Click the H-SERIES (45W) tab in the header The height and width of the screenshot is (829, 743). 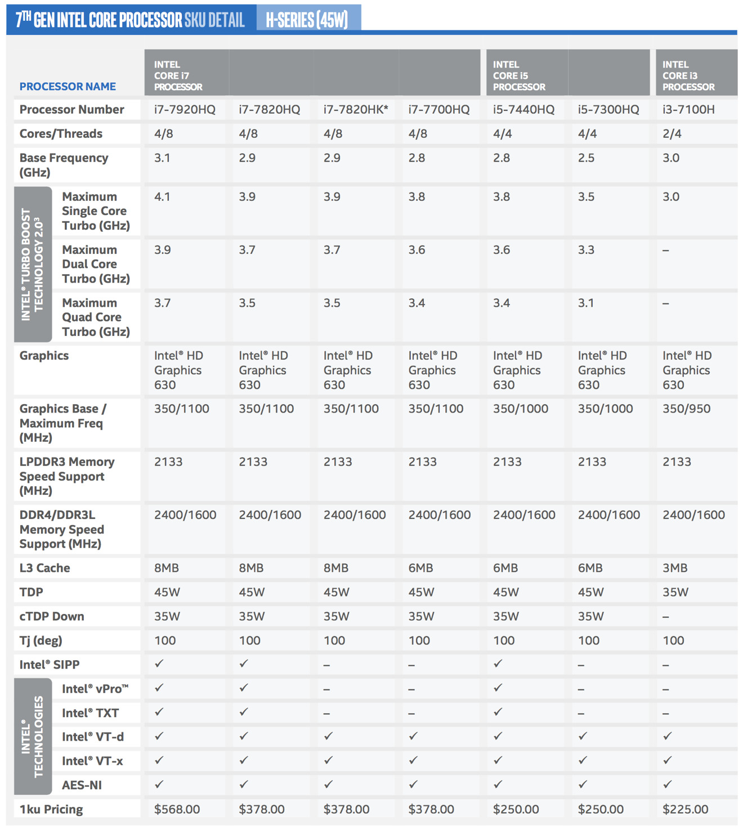click(x=307, y=19)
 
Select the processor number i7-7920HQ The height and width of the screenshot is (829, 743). click(x=185, y=109)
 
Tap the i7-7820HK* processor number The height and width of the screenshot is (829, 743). click(x=356, y=109)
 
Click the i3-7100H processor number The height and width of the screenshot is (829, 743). click(x=688, y=109)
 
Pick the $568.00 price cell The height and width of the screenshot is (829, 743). click(x=177, y=809)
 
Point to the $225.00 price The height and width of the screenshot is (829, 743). click(x=685, y=809)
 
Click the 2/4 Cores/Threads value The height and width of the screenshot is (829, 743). click(x=672, y=133)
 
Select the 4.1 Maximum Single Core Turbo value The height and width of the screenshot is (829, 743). click(x=162, y=197)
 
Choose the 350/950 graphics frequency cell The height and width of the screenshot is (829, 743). click(x=686, y=409)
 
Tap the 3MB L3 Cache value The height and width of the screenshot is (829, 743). click(x=675, y=568)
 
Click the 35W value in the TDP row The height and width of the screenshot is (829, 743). click(x=675, y=592)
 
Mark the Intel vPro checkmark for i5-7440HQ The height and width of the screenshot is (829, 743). click(x=498, y=688)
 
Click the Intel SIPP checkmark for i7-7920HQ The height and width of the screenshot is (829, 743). click(x=159, y=664)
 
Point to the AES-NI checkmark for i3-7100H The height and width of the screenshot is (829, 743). click(x=668, y=784)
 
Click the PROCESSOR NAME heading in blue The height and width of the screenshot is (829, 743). click(x=68, y=86)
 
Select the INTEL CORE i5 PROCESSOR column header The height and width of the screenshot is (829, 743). click(x=519, y=75)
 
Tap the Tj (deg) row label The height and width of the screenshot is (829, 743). click(x=41, y=640)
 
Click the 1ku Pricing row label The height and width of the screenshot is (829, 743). click(x=51, y=809)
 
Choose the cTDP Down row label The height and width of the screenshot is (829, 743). click(x=52, y=616)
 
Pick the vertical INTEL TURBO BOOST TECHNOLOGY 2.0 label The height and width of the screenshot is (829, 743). click(x=32, y=265)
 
